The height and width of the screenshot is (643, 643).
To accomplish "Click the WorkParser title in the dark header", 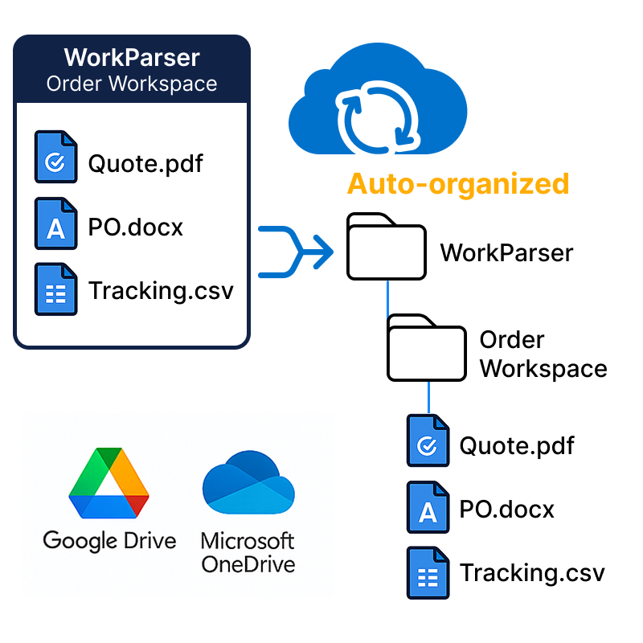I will pyautogui.click(x=132, y=58).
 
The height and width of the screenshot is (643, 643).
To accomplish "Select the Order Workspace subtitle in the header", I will pyautogui.click(x=132, y=84).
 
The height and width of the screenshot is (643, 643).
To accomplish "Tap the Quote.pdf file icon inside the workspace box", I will pyautogui.click(x=55, y=158).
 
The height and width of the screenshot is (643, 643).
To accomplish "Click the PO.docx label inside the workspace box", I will pyautogui.click(x=136, y=227).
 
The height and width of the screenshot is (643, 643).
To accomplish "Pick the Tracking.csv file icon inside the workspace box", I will pyautogui.click(x=55, y=289).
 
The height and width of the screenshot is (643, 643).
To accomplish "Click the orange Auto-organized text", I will pyautogui.click(x=458, y=183).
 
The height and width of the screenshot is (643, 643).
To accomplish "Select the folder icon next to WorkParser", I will pyautogui.click(x=385, y=247).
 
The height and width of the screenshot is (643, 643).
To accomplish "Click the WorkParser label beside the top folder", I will pyautogui.click(x=506, y=253).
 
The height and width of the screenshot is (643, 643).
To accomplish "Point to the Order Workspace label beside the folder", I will pyautogui.click(x=543, y=354).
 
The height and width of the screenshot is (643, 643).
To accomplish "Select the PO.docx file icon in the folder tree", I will pyautogui.click(x=428, y=508).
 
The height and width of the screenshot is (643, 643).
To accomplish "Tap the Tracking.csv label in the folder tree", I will pyautogui.click(x=531, y=573).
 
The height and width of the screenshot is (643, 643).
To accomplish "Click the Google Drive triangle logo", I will pyautogui.click(x=109, y=482).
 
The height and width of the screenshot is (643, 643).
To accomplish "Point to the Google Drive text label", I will pyautogui.click(x=109, y=540).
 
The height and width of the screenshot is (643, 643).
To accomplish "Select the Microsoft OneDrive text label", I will pyautogui.click(x=248, y=552).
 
